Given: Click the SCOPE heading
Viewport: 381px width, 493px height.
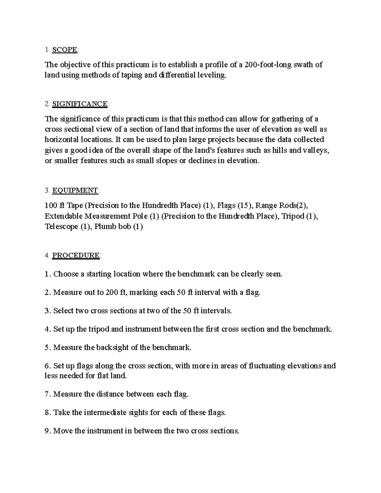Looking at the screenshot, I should pos(64,50).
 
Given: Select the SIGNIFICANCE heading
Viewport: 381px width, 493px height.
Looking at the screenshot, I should pos(80,104).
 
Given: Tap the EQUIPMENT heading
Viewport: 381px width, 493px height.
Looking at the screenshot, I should pos(75,190).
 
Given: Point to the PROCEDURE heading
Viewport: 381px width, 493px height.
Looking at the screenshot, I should pos(76,256).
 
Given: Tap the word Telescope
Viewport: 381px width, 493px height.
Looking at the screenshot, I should pos(61,227).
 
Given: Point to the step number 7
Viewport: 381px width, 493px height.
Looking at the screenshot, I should pos(47,394).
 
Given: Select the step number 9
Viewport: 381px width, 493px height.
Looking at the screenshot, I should pos(47,431).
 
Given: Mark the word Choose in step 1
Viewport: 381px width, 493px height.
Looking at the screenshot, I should pos(66,274).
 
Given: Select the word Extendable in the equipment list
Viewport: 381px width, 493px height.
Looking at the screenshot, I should pos(63,216).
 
